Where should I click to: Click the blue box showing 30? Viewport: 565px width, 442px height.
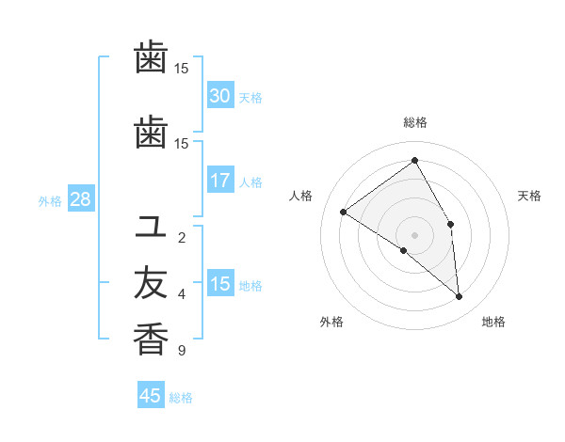point(220,96)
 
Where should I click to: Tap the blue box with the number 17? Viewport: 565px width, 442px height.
point(220,181)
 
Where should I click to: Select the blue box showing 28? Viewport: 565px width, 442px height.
point(80,199)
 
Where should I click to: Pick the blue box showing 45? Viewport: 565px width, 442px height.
point(151,396)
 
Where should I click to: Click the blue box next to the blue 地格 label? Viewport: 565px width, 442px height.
point(220,285)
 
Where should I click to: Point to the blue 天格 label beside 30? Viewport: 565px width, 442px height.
point(250,97)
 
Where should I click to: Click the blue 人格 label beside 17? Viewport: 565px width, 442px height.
point(250,182)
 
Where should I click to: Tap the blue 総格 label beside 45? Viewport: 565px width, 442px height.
point(181,397)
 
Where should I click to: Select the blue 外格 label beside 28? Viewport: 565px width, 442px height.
point(50,200)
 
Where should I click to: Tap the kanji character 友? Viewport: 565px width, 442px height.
point(151,283)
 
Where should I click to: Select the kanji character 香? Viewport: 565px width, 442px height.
point(151,339)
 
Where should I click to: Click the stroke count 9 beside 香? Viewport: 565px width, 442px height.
point(182,352)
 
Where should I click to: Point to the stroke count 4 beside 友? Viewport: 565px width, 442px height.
point(182,294)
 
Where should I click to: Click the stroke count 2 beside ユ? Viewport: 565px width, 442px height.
point(182,238)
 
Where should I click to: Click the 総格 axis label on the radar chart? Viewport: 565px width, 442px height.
point(414,122)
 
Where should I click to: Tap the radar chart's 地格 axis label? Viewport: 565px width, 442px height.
point(493,323)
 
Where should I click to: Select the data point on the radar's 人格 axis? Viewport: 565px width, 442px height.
point(344,212)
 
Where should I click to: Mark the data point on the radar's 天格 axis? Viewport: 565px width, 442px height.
point(451,224)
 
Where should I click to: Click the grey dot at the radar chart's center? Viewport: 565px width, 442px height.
point(414,234)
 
